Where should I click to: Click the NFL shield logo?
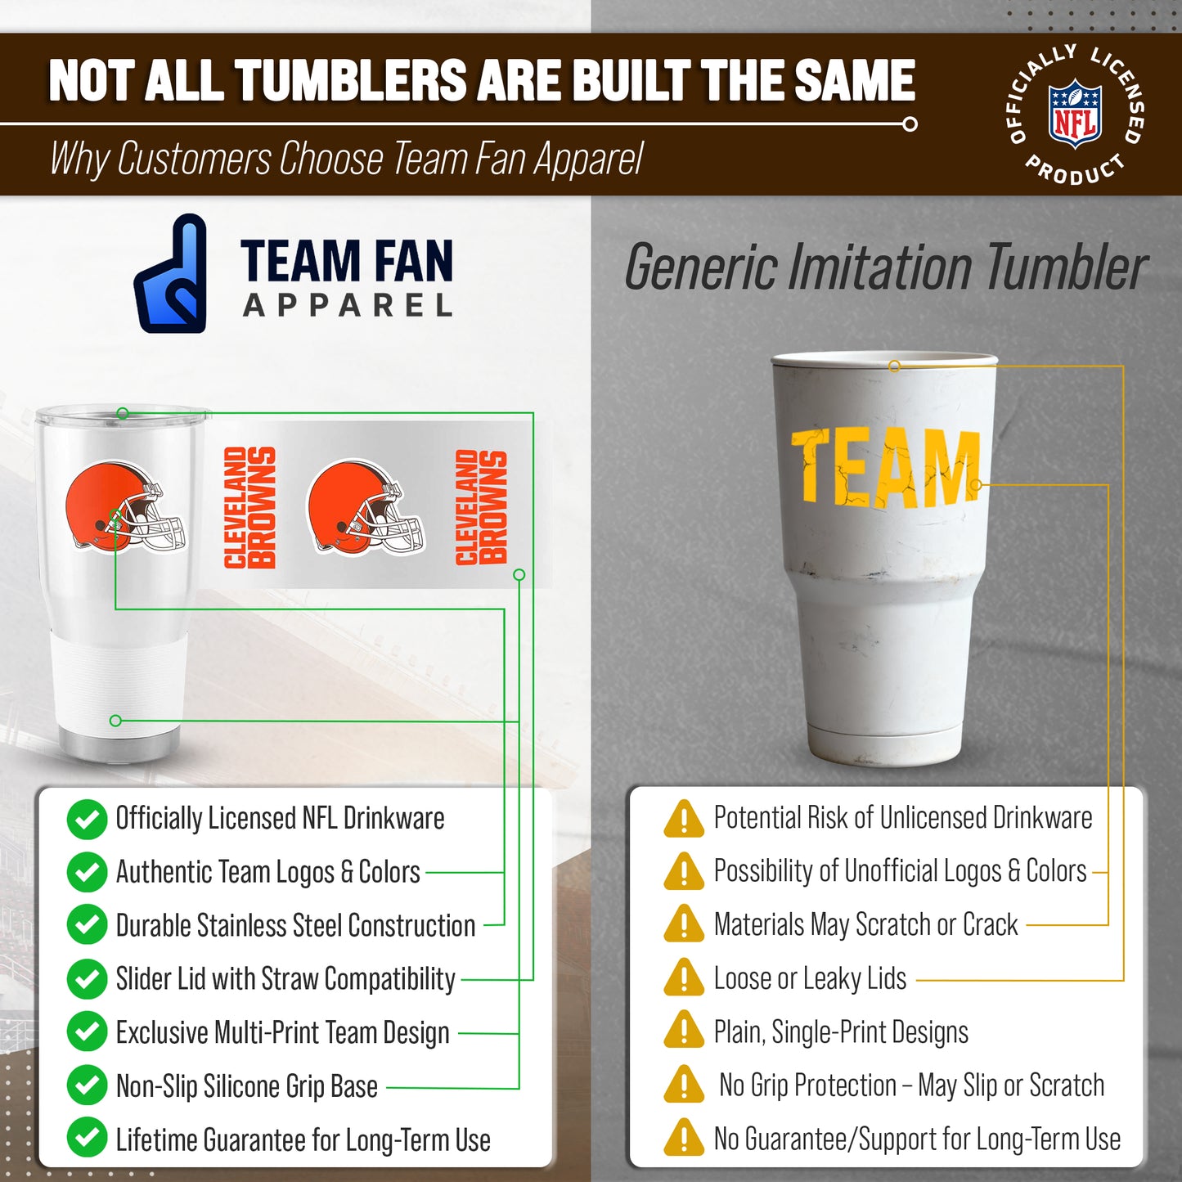tap(1075, 114)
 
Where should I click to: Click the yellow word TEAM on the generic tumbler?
tap(885, 467)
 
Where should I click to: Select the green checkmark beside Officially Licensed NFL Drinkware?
tap(87, 820)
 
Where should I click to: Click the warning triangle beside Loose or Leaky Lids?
tap(684, 978)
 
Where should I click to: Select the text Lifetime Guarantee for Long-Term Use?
tap(303, 1139)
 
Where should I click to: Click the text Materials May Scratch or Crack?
tap(865, 924)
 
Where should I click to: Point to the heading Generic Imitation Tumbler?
tap(886, 267)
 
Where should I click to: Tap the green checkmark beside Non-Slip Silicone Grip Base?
tap(87, 1085)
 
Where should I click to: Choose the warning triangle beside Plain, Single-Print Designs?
tap(684, 1031)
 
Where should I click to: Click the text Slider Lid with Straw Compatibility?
tap(285, 978)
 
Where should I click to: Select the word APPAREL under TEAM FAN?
tap(348, 306)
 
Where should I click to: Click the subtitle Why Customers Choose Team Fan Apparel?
tap(347, 159)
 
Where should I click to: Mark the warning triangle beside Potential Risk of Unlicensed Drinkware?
tap(684, 818)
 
